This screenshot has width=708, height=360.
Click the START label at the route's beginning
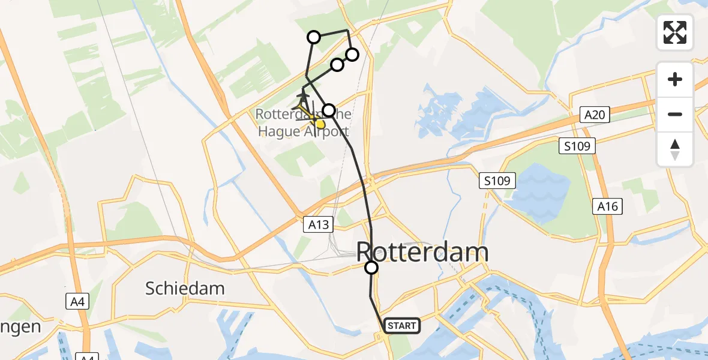[402, 326]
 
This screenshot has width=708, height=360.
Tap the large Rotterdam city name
[422, 252]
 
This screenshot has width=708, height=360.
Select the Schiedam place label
[185, 288]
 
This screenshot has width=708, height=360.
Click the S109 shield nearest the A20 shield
[578, 145]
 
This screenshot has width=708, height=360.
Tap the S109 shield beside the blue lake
[498, 180]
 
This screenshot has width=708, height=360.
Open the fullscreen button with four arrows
[675, 32]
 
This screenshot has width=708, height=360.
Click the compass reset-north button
[675, 149]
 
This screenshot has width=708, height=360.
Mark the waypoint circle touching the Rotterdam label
[371, 268]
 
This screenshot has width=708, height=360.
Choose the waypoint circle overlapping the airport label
[329, 110]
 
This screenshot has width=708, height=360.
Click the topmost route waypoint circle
[314, 37]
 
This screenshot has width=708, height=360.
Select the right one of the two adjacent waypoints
[352, 55]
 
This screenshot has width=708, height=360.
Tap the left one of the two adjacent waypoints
[337, 65]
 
